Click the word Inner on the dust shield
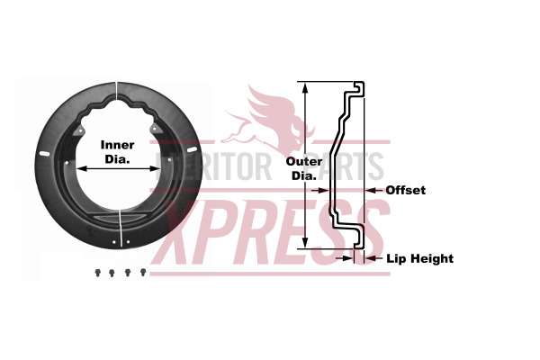pos(117,144)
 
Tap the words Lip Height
pos(420,258)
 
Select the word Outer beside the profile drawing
pos(303,162)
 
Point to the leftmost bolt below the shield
pos(96,271)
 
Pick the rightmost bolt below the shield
pos(142,271)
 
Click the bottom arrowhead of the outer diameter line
pos(306,245)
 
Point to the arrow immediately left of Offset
pos(373,190)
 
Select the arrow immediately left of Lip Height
pos(372,258)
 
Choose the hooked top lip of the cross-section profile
pos(357,88)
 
